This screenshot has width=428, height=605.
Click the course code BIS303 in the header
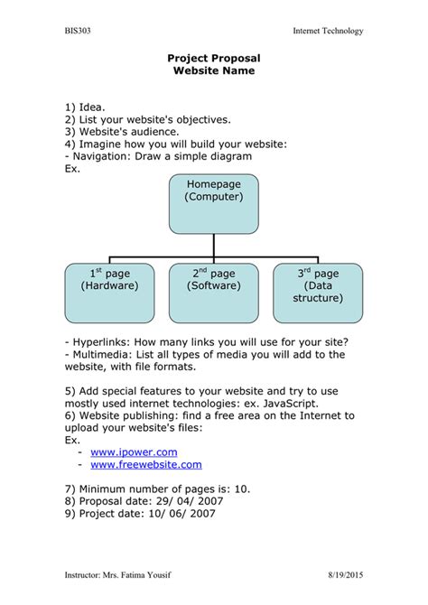77,31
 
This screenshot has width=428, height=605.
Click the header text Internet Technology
328,31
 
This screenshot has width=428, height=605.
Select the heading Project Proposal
213,58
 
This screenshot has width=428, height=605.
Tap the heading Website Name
213,70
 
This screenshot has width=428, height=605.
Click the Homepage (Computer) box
214,203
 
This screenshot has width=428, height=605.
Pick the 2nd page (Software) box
214,293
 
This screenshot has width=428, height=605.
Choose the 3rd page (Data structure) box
318,293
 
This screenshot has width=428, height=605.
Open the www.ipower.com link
134,451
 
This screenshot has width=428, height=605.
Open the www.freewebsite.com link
146,464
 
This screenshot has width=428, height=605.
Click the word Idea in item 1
91,107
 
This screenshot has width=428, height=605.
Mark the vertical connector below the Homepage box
214,247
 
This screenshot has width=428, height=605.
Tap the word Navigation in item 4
101,156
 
